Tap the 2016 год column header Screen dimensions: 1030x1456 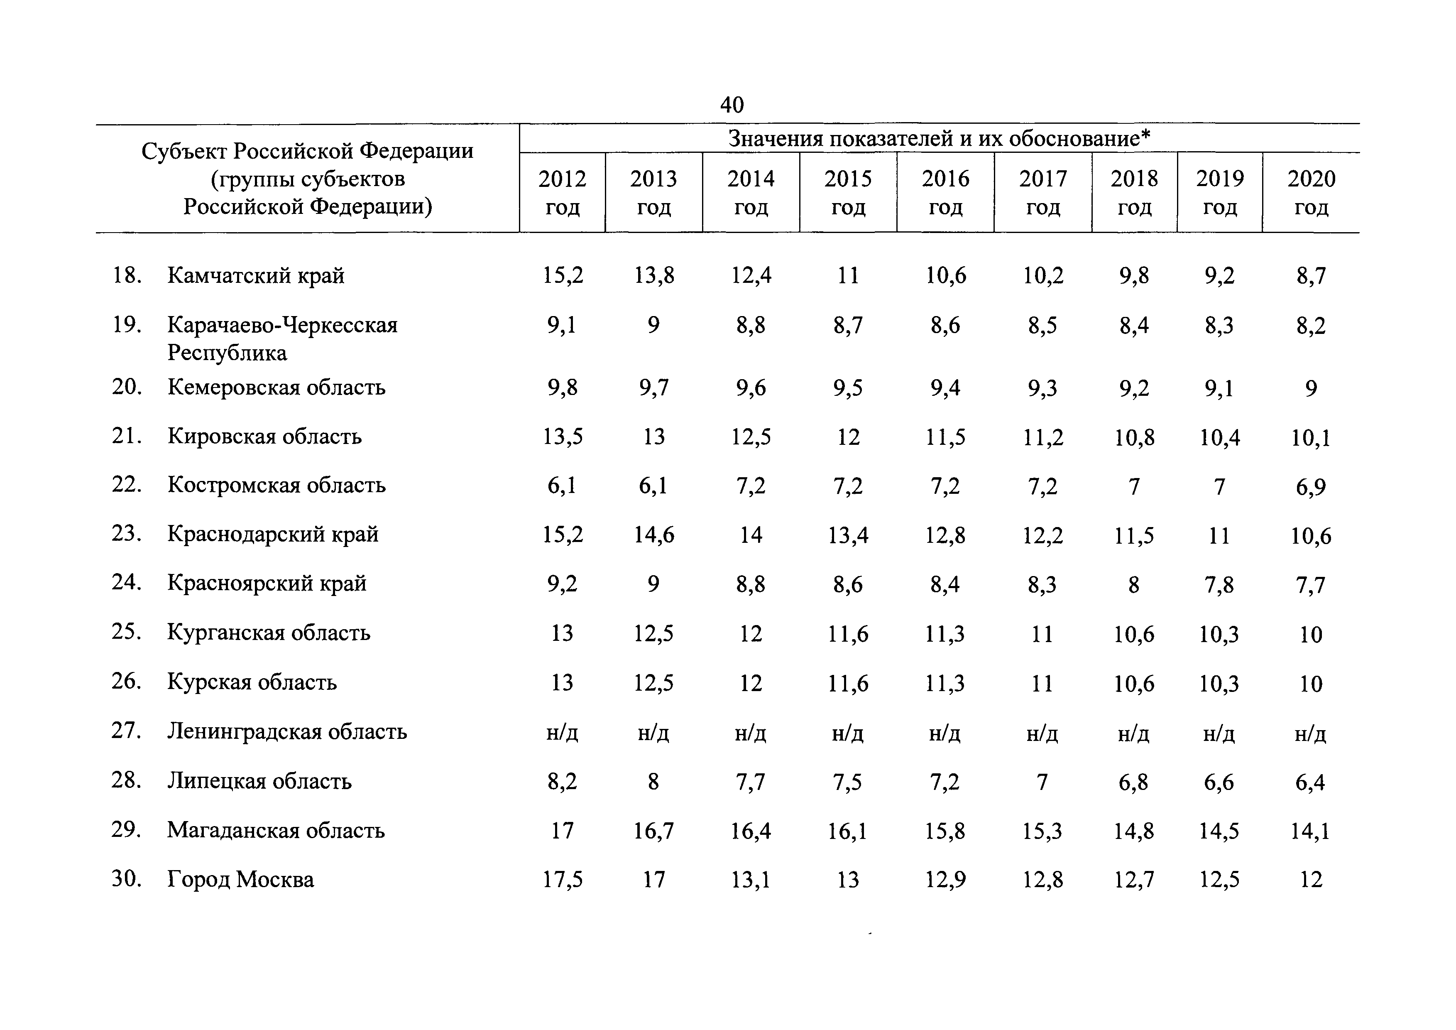[945, 192]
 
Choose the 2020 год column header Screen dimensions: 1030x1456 [1311, 192]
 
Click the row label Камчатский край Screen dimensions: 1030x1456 [256, 276]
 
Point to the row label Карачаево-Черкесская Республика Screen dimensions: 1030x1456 [282, 338]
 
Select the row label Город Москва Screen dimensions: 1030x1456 [240, 880]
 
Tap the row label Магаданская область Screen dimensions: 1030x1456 [276, 830]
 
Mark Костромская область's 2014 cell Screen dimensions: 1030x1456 [751, 486]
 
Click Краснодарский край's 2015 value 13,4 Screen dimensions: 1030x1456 [848, 536]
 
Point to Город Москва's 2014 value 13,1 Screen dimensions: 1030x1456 [751, 880]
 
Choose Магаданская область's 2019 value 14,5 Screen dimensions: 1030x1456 [1219, 831]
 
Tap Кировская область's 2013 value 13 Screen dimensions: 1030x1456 [654, 437]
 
